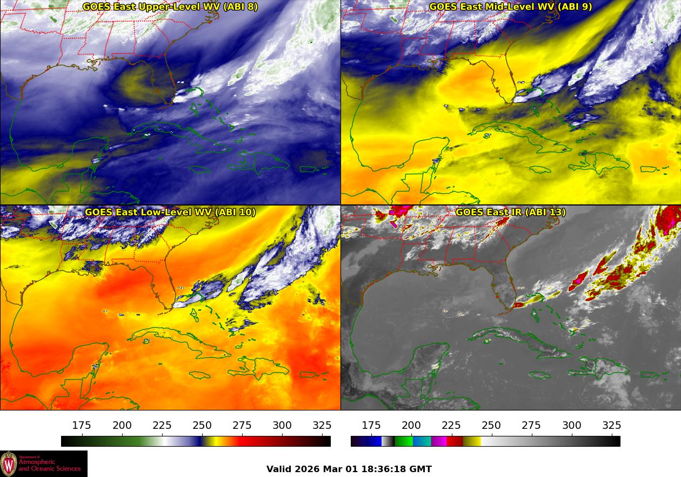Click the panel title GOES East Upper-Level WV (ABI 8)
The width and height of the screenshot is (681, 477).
click(x=170, y=7)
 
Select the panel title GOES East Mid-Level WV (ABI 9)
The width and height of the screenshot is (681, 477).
click(x=510, y=7)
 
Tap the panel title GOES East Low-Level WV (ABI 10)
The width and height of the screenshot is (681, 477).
click(x=170, y=212)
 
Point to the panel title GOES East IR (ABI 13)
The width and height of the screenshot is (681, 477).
click(x=510, y=212)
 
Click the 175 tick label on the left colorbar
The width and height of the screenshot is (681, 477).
click(x=82, y=426)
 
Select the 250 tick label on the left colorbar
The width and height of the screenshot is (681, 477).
click(x=202, y=426)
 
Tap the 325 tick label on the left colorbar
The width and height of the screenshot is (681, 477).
click(x=322, y=426)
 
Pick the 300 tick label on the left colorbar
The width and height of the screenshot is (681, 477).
click(x=282, y=426)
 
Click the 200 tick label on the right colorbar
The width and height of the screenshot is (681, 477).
click(x=411, y=426)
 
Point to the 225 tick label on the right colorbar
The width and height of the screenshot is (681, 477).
click(x=451, y=426)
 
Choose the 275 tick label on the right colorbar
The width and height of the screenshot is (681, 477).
click(x=532, y=426)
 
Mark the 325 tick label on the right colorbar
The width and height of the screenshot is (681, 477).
click(x=612, y=426)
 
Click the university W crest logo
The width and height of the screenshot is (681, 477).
click(x=9, y=463)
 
